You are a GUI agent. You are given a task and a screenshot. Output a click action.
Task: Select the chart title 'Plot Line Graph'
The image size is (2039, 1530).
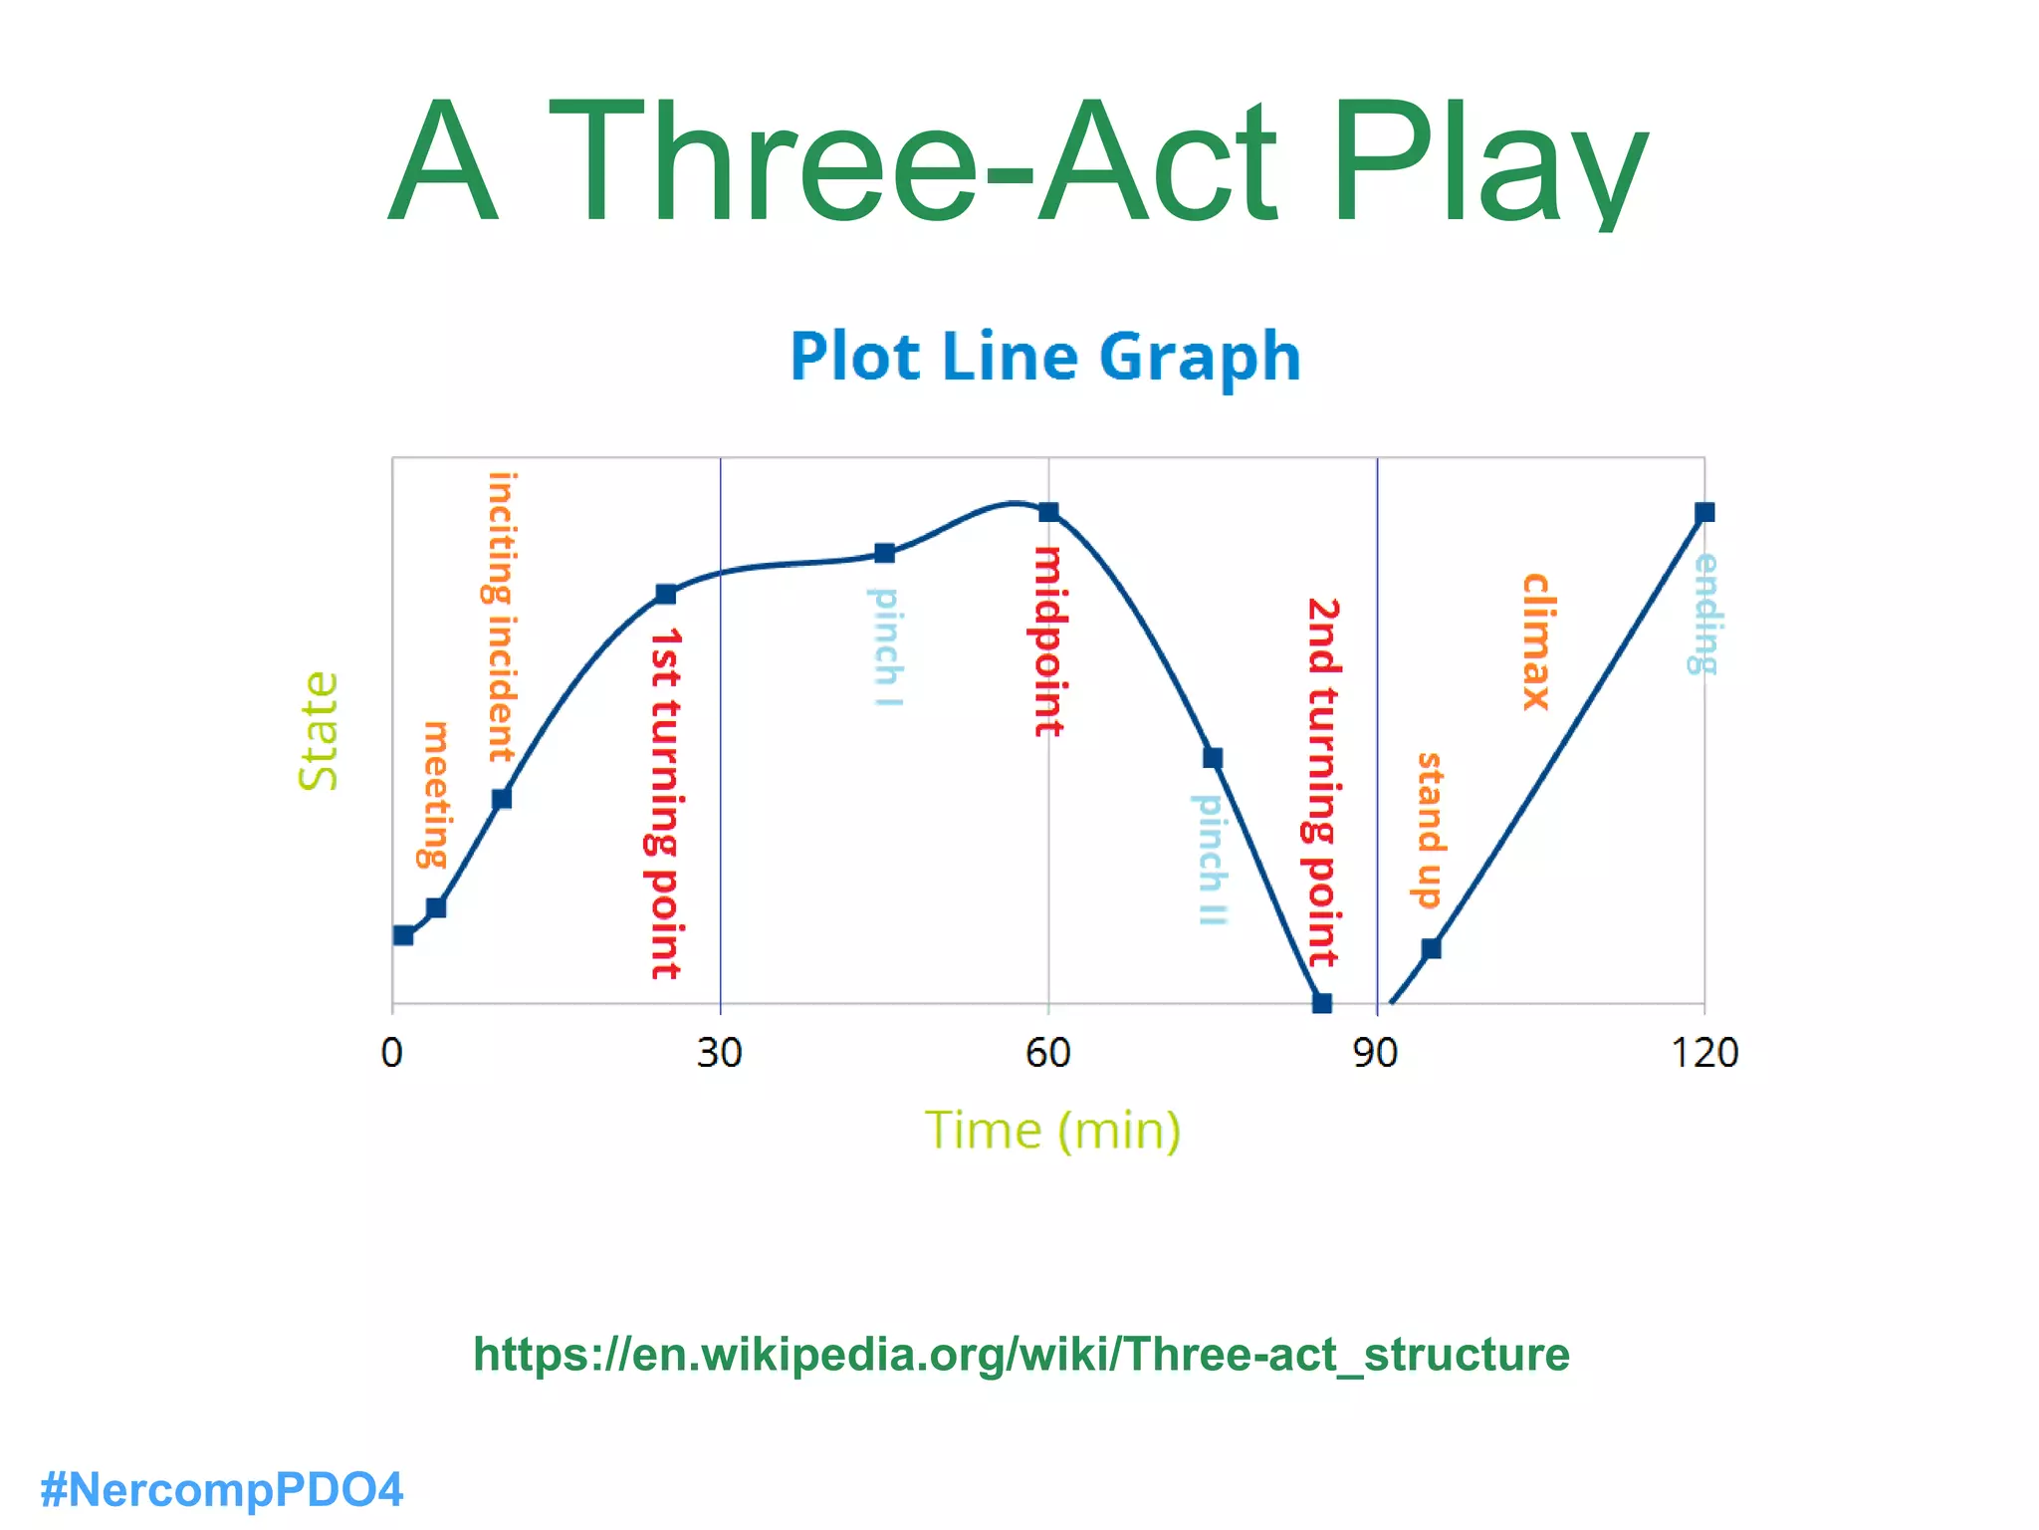(1045, 356)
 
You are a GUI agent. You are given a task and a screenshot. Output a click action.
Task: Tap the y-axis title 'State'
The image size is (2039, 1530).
(320, 732)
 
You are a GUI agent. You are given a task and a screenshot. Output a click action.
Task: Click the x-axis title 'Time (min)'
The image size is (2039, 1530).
(1052, 1131)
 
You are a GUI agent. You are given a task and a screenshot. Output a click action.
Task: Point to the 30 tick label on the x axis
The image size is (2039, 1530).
(719, 1053)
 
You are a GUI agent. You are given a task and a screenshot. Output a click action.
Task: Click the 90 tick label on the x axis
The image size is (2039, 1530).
(1375, 1053)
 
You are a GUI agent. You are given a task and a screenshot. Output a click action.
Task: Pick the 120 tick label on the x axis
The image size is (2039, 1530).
(1703, 1053)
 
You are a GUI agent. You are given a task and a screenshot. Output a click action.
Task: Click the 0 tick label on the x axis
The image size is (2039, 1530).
(392, 1053)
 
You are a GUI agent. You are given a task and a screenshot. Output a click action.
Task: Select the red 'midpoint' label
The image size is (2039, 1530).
(1048, 640)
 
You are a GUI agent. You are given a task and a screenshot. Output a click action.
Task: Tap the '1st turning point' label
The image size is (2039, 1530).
(665, 803)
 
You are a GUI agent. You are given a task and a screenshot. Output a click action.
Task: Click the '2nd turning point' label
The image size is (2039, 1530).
(1322, 782)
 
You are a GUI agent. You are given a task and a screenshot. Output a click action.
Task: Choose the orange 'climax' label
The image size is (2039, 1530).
(1535, 641)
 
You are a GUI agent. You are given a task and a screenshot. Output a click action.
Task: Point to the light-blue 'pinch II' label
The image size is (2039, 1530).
(1211, 859)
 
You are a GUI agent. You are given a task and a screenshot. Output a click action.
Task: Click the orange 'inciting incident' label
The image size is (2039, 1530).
(501, 618)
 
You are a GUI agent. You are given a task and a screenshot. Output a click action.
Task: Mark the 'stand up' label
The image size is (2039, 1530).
(1429, 830)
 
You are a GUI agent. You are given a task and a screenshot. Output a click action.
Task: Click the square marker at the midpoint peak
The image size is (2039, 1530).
(1048, 512)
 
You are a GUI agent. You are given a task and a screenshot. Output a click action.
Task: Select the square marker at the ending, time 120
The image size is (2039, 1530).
(1704, 512)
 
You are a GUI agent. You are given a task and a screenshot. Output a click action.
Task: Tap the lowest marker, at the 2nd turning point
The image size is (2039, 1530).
(1322, 1003)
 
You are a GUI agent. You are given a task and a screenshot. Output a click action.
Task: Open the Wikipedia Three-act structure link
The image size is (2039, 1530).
(1020, 1355)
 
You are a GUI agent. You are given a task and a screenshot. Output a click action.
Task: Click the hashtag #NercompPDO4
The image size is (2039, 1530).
(221, 1490)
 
